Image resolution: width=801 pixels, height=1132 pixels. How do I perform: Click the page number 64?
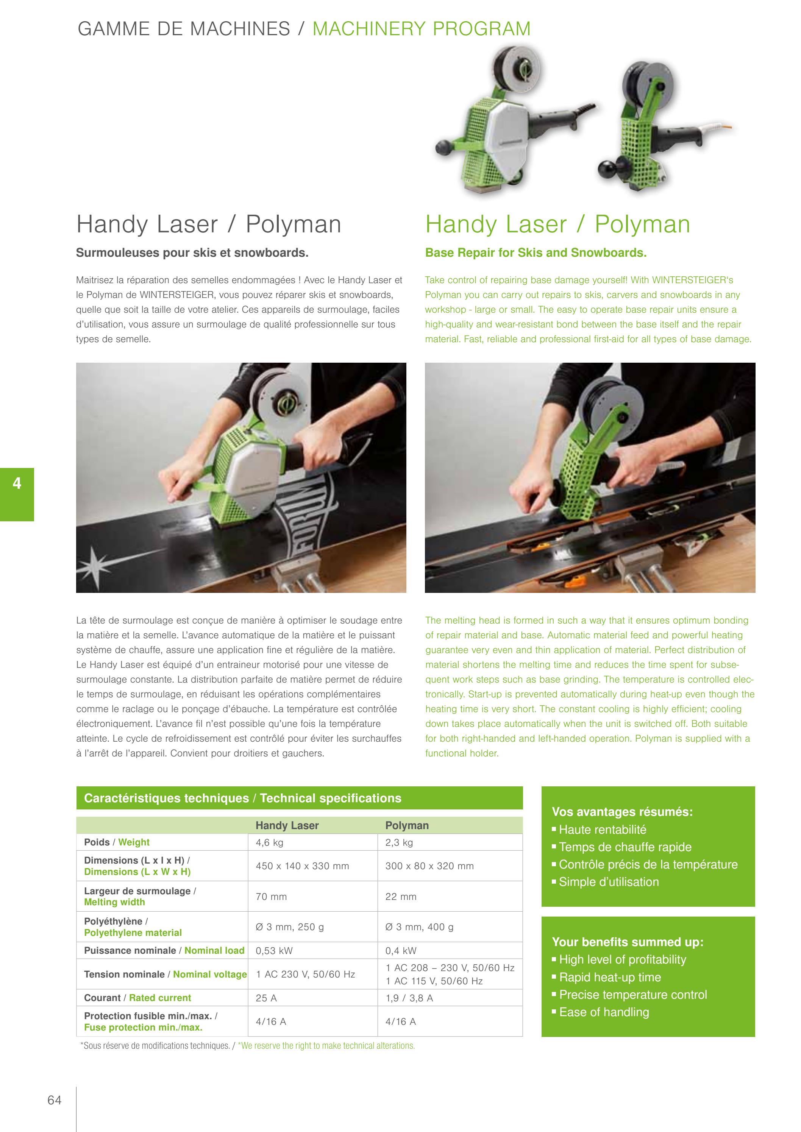(x=54, y=1100)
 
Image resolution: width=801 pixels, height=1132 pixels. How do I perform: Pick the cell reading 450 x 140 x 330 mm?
(x=302, y=866)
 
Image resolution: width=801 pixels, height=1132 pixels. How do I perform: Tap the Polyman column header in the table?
(x=407, y=825)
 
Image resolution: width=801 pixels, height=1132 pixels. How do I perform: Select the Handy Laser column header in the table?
(x=287, y=825)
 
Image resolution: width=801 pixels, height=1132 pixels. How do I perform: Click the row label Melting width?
(x=114, y=902)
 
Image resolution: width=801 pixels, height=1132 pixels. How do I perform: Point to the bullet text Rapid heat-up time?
(x=610, y=977)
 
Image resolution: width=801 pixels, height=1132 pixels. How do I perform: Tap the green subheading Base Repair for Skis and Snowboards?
(x=536, y=253)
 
